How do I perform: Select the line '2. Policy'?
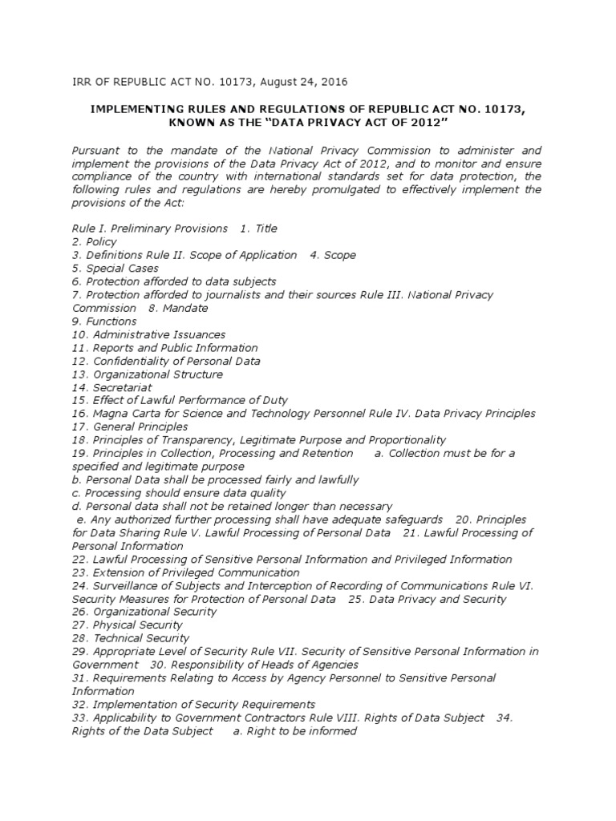click(95, 242)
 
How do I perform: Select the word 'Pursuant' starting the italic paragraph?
click(96, 150)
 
